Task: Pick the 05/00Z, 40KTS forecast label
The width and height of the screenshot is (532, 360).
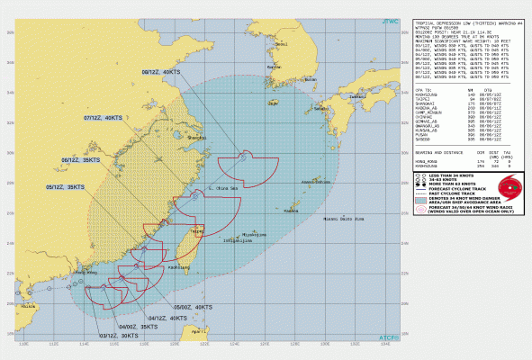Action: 192,308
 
